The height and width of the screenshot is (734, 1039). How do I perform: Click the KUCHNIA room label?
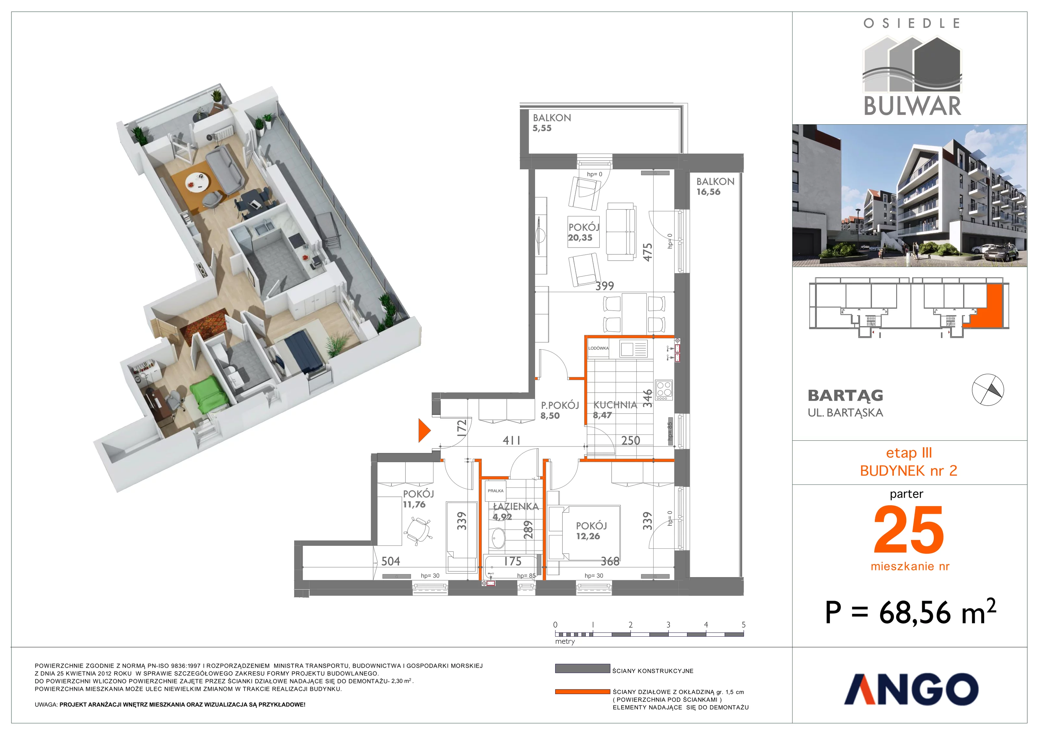tap(615, 405)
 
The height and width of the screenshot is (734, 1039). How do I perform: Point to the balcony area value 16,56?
tap(708, 192)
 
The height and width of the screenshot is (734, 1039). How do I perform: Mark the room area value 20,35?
tap(580, 238)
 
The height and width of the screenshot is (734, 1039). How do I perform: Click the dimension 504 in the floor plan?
tap(391, 561)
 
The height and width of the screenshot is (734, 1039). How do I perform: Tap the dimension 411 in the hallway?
tap(511, 440)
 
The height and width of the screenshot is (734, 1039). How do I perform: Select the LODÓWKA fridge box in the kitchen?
tap(598, 348)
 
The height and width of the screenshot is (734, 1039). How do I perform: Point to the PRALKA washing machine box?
tap(495, 491)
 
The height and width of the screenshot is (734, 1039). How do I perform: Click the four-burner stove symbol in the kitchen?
tap(664, 390)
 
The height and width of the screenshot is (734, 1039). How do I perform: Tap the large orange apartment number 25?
tap(909, 530)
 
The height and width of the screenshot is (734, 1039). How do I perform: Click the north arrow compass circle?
tap(988, 390)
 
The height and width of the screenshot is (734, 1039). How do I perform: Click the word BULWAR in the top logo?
tap(912, 106)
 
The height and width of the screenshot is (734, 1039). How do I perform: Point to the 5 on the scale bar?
tap(744, 625)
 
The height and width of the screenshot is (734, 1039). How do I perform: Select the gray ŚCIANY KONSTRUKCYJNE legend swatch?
tap(582, 668)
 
